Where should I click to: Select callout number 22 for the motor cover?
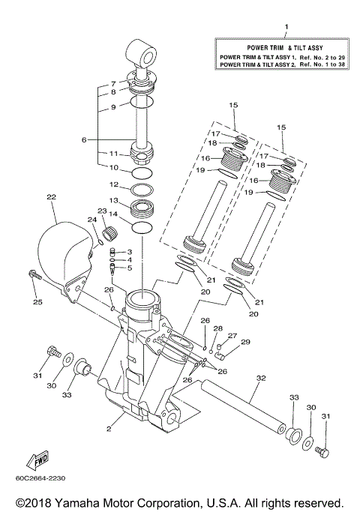coord(51,197)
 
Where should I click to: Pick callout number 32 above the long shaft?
coord(261,378)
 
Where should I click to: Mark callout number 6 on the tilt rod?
coord(105,139)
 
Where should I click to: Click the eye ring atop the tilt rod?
coord(144,52)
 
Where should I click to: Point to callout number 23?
coord(102,211)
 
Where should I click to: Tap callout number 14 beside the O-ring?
coord(114,214)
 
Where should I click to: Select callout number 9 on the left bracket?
coord(114,107)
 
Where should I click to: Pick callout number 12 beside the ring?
coord(114,184)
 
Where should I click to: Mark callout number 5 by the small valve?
coord(129,267)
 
